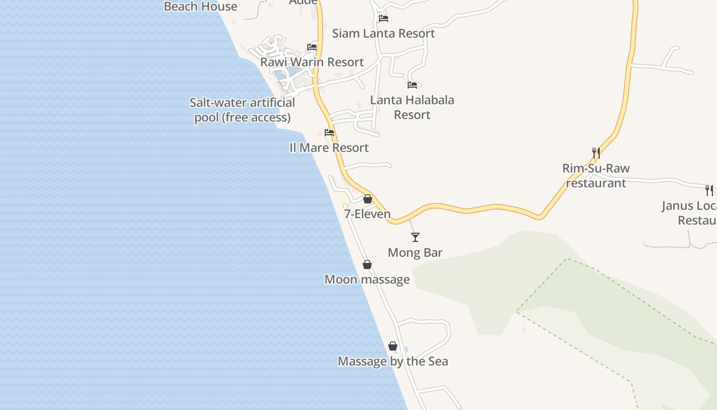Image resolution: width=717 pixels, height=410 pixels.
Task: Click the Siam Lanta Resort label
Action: (x=384, y=33)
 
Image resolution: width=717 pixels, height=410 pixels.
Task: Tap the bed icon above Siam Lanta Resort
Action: (x=384, y=18)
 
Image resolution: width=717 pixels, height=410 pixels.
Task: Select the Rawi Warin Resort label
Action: (x=312, y=62)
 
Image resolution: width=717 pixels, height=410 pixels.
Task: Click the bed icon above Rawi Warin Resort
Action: (x=312, y=47)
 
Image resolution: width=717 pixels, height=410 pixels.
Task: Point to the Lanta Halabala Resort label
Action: (x=412, y=107)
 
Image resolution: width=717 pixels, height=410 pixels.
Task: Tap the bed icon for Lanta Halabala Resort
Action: (x=412, y=85)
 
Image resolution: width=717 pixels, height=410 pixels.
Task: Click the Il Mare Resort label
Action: (x=329, y=148)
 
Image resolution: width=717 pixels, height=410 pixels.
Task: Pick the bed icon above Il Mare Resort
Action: (x=329, y=133)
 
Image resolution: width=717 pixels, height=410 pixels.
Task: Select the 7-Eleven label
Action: (x=367, y=214)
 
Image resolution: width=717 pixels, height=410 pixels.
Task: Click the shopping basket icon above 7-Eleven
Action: (x=368, y=199)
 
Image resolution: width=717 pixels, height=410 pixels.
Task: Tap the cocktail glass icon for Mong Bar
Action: (x=415, y=237)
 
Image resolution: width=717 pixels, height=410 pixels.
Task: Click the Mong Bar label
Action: (x=415, y=253)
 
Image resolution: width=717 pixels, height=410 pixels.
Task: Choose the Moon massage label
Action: (x=367, y=279)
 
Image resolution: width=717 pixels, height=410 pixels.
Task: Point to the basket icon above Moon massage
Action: (x=367, y=264)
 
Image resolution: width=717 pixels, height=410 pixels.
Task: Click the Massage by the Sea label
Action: (x=393, y=361)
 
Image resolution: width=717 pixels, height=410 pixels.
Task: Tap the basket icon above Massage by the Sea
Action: (x=393, y=346)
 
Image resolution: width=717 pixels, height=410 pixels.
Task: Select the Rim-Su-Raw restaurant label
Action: (x=596, y=175)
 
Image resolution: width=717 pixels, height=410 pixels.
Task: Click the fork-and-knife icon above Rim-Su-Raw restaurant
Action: (x=596, y=153)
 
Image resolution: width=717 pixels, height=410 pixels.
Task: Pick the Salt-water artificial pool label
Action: (x=242, y=110)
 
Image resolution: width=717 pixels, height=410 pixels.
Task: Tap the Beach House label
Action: (x=201, y=7)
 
